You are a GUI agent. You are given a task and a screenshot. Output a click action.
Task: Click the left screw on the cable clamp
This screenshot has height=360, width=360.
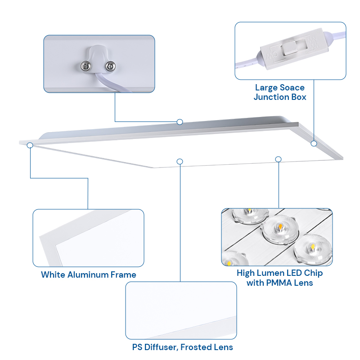tap(86, 66)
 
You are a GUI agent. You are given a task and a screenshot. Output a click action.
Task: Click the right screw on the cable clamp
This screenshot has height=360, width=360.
tap(110, 66)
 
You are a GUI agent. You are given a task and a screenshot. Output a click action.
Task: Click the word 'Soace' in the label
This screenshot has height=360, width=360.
tap(292, 87)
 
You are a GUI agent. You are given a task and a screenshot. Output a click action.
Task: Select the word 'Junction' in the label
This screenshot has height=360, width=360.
tap(271, 97)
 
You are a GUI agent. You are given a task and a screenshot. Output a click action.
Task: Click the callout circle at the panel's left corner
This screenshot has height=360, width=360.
tap(30, 145)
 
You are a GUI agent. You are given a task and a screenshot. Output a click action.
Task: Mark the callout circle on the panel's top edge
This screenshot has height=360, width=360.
tap(180, 121)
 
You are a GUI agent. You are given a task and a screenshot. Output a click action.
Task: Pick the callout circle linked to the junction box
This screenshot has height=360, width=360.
tap(314, 144)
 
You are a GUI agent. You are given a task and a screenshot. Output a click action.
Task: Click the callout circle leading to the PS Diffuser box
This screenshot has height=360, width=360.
tap(180, 162)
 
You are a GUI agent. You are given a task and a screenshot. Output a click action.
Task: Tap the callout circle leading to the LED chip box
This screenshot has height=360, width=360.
tap(278, 159)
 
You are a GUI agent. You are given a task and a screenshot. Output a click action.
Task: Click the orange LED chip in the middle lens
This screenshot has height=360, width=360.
tap(280, 227)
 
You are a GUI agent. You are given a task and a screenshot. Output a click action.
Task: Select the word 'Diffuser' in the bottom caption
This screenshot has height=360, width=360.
tap(161, 347)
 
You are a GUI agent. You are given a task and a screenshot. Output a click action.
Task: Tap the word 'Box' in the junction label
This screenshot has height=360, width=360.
tap(299, 97)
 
